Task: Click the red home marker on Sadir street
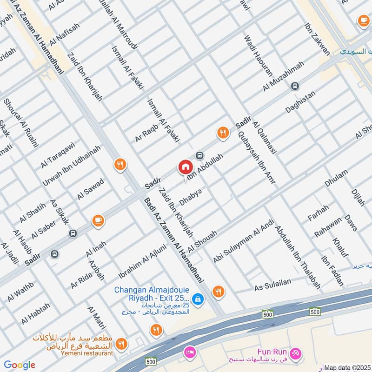(185, 167)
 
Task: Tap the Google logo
(20, 365)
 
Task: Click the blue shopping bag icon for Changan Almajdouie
(198, 299)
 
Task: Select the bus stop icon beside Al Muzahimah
(295, 86)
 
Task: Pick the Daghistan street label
(300, 102)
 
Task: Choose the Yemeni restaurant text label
(86, 353)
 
